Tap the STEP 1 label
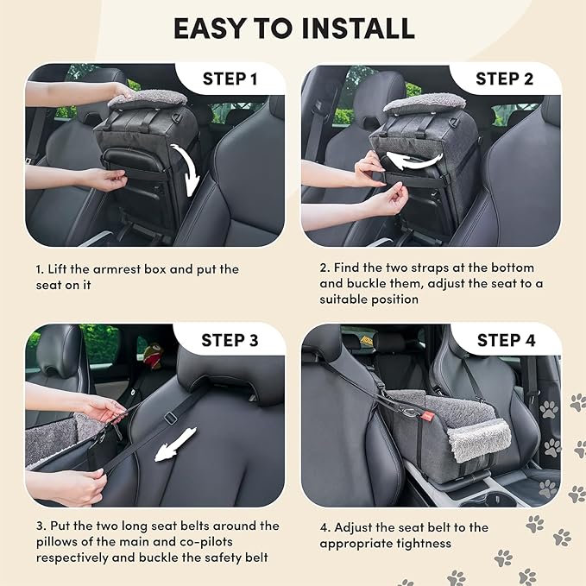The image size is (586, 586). click(x=230, y=79)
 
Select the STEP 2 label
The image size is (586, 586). click(x=505, y=79)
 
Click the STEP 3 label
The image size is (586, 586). click(x=230, y=340)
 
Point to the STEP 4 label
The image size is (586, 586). click(x=506, y=340)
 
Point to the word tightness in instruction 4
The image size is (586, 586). click(x=423, y=543)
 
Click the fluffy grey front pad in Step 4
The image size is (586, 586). click(x=476, y=436)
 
